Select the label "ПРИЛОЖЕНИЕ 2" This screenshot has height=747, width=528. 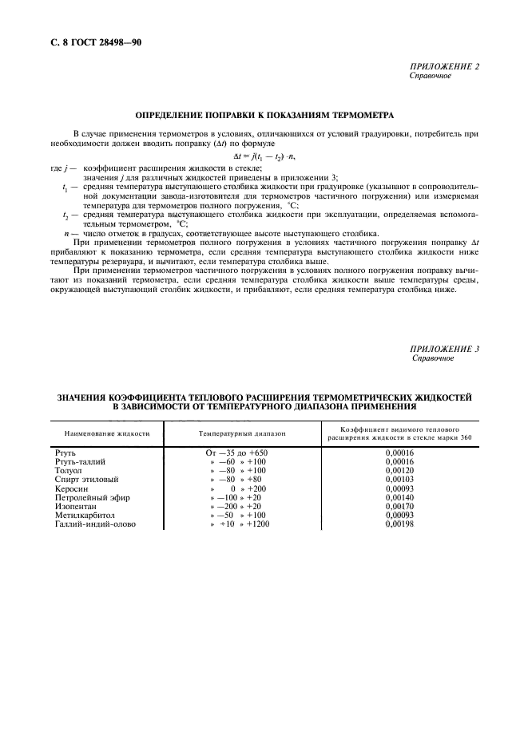(444, 66)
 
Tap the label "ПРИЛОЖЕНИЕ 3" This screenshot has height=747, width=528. (444, 350)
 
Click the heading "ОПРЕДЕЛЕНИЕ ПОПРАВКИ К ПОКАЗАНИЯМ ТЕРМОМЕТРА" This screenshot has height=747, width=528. (264, 115)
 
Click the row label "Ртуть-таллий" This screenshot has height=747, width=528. (80, 461)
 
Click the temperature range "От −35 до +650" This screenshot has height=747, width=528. (242, 453)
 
